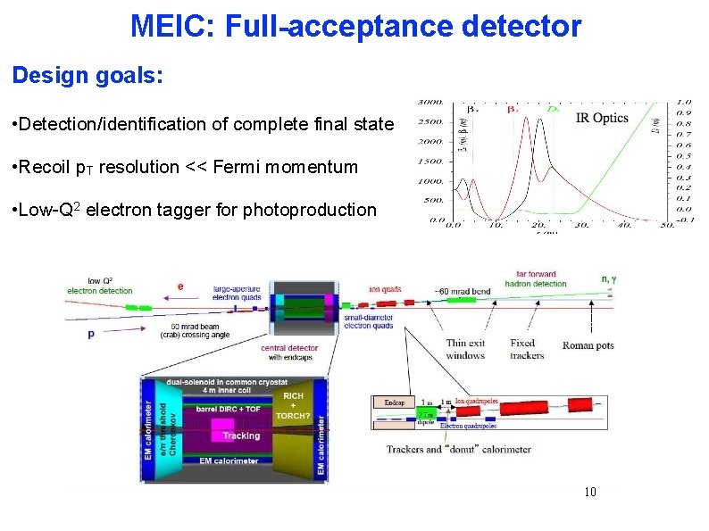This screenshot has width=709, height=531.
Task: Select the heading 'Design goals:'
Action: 88,75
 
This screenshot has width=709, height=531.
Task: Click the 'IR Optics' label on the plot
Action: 602,118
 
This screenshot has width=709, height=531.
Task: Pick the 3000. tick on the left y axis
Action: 432,101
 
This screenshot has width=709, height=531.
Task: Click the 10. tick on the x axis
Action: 496,227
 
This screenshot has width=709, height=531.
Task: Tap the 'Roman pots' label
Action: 588,345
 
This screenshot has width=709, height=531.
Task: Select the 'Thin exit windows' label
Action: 465,349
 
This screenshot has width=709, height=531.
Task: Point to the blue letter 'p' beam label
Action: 91,333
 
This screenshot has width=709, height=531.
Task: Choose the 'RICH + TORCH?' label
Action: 294,405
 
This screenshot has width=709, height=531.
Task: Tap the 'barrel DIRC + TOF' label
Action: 229,408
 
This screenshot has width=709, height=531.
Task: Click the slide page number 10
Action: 589,493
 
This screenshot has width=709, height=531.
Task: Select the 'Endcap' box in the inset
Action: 395,402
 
